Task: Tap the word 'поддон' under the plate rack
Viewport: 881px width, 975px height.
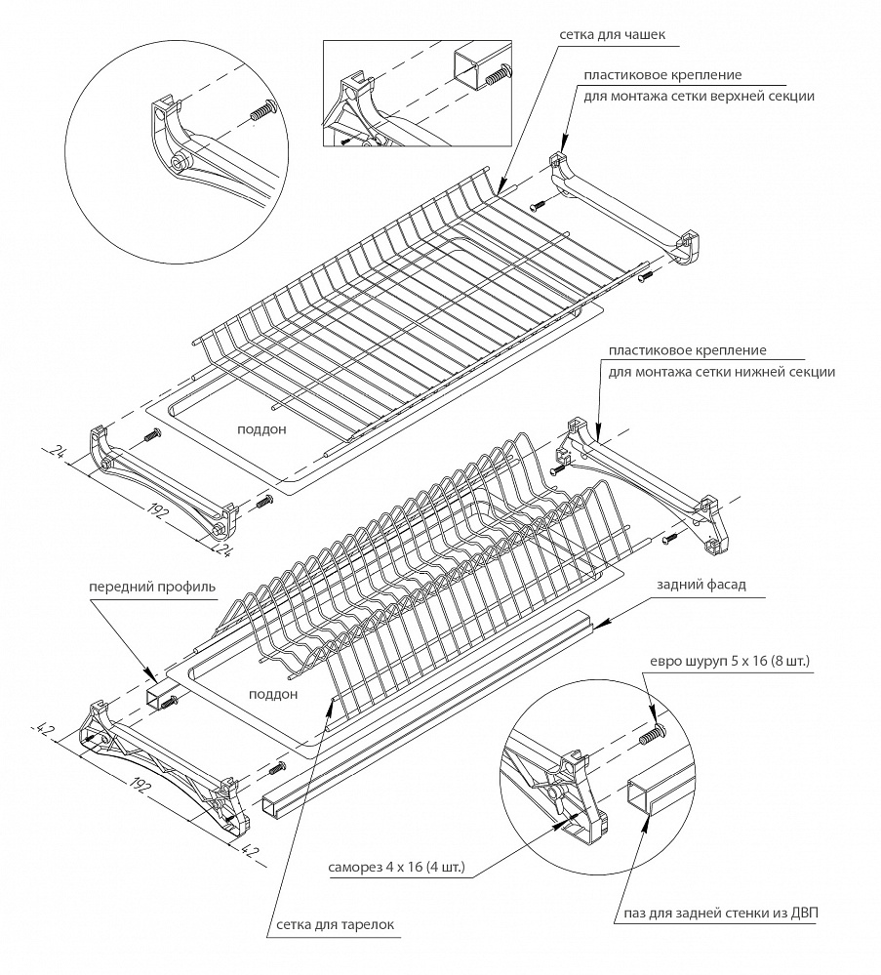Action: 275,694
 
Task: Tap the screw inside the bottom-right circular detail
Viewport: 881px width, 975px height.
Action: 651,738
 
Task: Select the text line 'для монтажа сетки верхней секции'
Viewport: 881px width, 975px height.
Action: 699,97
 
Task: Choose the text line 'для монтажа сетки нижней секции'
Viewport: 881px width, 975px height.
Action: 721,372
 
